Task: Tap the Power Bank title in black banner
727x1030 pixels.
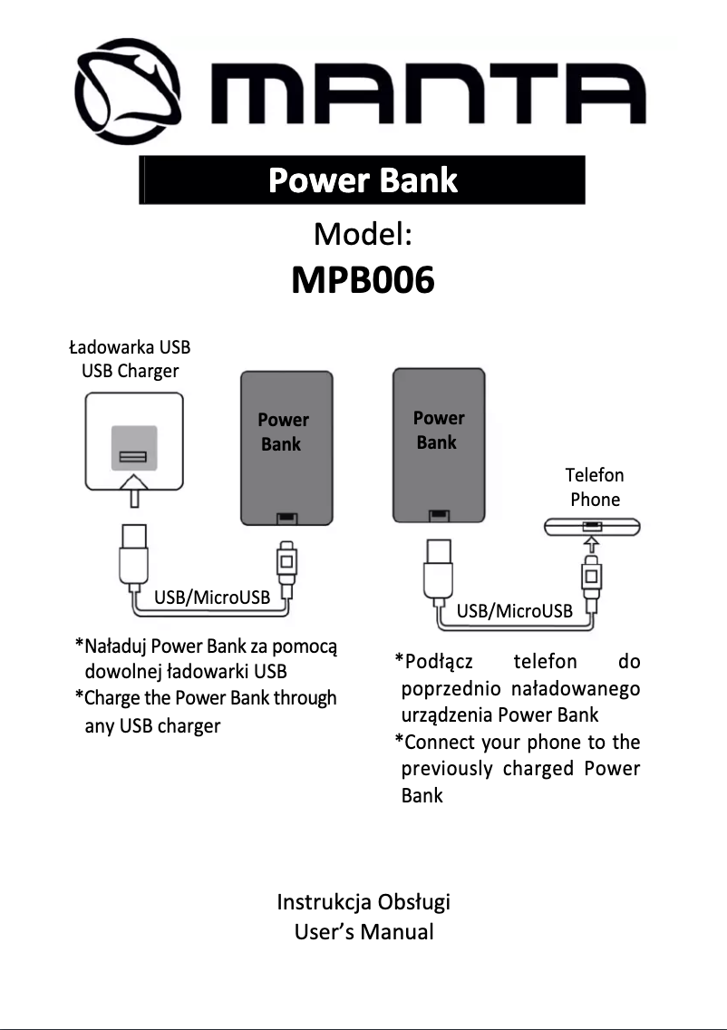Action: (x=363, y=180)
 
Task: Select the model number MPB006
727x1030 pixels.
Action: (x=363, y=281)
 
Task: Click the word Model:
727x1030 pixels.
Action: (x=363, y=235)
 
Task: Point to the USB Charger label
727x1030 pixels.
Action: (x=130, y=371)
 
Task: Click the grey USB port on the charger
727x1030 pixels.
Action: (x=134, y=448)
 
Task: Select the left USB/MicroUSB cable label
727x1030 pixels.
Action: (x=212, y=598)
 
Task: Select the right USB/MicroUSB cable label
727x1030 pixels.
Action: (x=514, y=611)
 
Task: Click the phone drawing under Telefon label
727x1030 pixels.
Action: (x=592, y=526)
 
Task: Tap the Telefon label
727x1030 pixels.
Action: (x=595, y=475)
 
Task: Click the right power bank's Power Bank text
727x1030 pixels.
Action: (x=438, y=430)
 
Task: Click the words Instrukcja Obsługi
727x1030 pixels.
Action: (x=363, y=902)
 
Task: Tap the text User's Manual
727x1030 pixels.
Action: (x=363, y=931)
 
